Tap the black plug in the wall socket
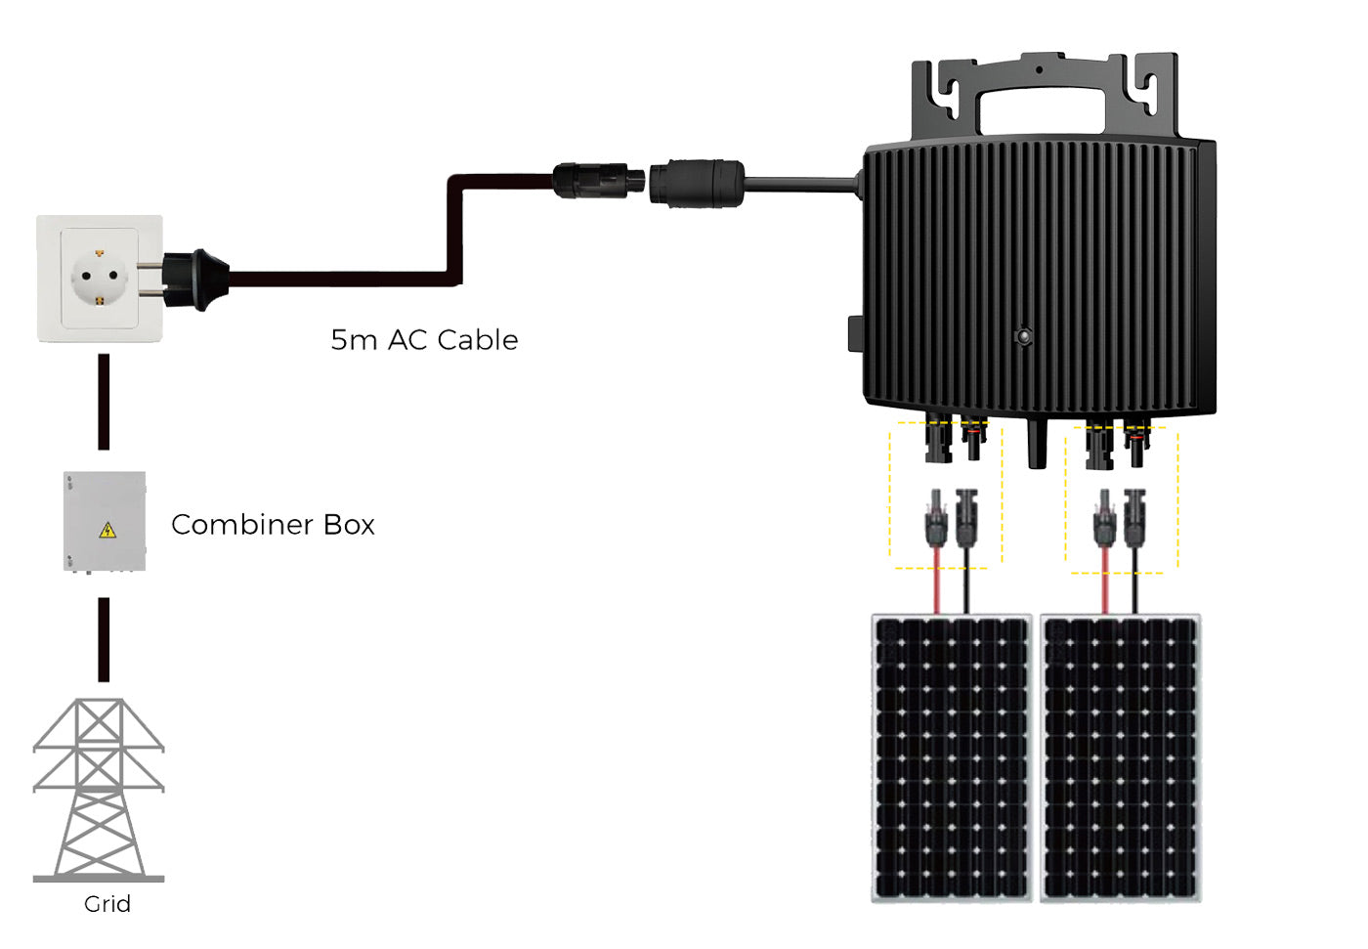click(x=195, y=280)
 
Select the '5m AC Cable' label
click(x=424, y=340)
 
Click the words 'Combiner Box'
click(x=273, y=525)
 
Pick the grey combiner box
click(x=105, y=522)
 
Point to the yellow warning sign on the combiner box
click(x=107, y=531)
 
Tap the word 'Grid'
click(x=107, y=904)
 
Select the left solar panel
click(x=952, y=757)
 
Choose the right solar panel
click(x=1120, y=757)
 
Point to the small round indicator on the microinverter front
click(x=1024, y=337)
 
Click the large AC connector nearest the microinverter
click(x=697, y=183)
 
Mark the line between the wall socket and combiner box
click(x=105, y=402)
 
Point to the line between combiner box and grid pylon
click(x=105, y=639)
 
